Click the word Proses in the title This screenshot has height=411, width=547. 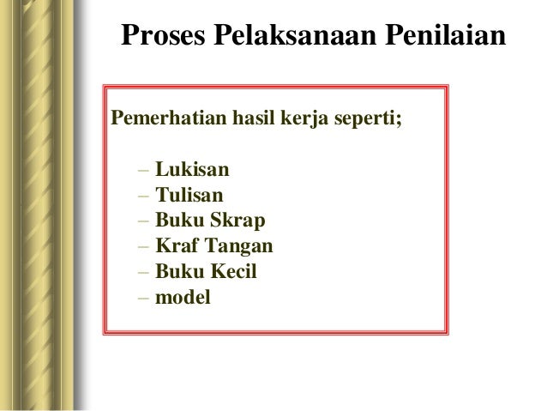(x=159, y=38)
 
